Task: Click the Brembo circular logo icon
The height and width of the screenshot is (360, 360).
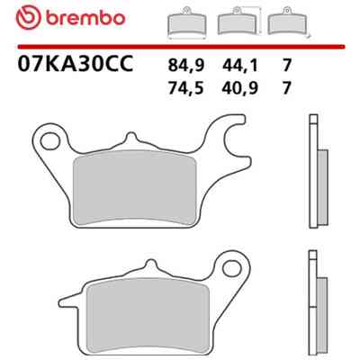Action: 29,18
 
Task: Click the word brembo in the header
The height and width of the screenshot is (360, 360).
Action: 85,18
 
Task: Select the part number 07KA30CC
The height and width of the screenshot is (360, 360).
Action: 75,64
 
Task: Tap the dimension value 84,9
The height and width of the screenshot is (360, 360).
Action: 186,65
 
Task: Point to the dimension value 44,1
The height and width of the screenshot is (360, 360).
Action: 240,65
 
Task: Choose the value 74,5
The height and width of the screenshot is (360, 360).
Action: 186,88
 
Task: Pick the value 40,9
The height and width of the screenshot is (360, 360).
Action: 240,88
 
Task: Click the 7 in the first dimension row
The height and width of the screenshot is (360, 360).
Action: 287,65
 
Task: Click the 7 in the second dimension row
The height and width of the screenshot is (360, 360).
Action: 287,88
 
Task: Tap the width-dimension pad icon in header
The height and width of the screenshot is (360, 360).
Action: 186,24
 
